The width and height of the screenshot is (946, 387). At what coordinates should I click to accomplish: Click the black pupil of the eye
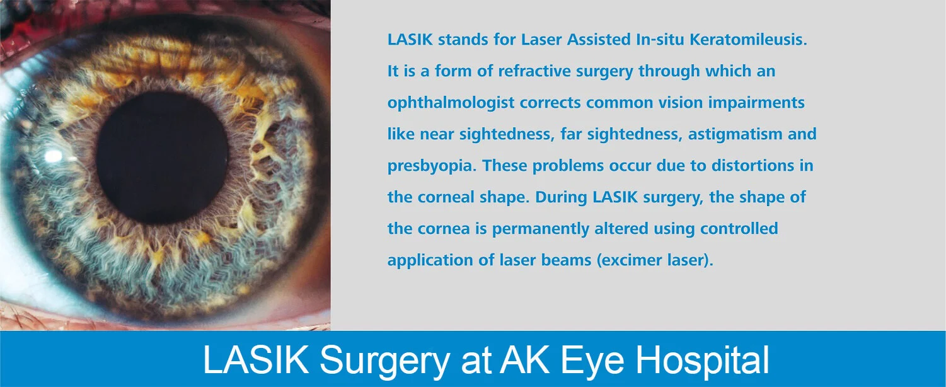pyautogui.click(x=162, y=158)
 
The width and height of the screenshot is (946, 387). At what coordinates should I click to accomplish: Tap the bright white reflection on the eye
pyautogui.click(x=54, y=156)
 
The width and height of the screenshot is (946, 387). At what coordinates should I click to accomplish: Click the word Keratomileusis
pyautogui.click(x=748, y=39)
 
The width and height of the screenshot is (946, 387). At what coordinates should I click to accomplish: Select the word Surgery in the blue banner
pyautogui.click(x=384, y=361)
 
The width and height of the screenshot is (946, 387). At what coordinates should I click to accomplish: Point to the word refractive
pyautogui.click(x=534, y=71)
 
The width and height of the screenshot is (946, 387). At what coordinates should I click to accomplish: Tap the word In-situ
pyautogui.click(x=660, y=39)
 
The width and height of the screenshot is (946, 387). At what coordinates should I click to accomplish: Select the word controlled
pyautogui.click(x=739, y=229)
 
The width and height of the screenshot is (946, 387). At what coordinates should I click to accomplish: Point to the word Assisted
pyautogui.click(x=599, y=39)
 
